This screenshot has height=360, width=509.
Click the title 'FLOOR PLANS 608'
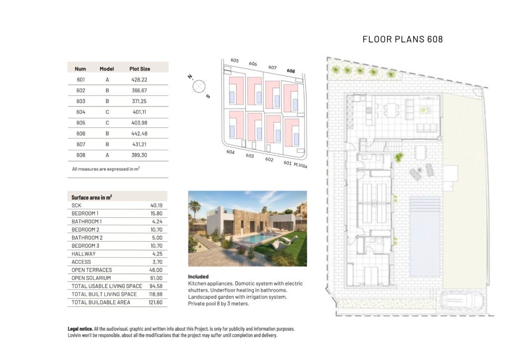pyautogui.click(x=402, y=39)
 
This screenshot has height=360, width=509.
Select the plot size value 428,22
pyautogui.click(x=140, y=80)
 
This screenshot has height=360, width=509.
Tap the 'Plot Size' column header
pyautogui.click(x=140, y=69)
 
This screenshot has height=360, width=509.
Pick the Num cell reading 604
pyautogui.click(x=81, y=112)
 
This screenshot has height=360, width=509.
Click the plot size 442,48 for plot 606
pyautogui.click(x=140, y=134)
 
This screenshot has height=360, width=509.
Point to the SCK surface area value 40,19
pyautogui.click(x=157, y=205)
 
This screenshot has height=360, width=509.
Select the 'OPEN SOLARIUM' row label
pyautogui.click(x=91, y=278)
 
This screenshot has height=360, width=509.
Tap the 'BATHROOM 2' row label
pyautogui.click(x=87, y=238)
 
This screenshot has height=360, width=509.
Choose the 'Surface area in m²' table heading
pyautogui.click(x=91, y=197)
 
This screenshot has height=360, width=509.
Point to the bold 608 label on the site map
pyautogui.click(x=291, y=71)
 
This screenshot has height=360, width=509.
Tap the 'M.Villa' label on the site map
pyautogui.click(x=300, y=165)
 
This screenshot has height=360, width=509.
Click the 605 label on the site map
pyautogui.click(x=235, y=61)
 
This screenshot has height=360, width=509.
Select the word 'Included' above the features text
pyautogui.click(x=198, y=276)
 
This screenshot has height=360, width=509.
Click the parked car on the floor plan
pyautogui.click(x=463, y=302)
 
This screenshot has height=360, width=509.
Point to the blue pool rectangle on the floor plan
pyautogui.click(x=424, y=236)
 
